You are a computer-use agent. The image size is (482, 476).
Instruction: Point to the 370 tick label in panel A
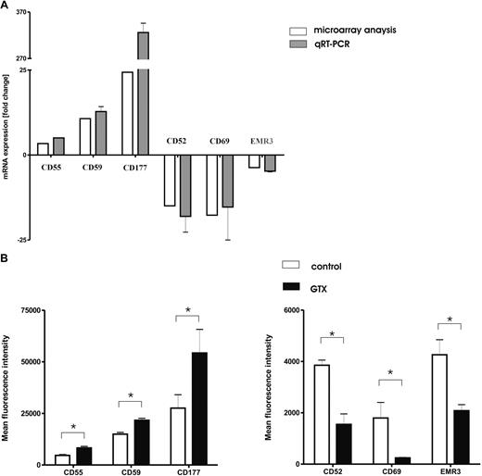tap(20, 13)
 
